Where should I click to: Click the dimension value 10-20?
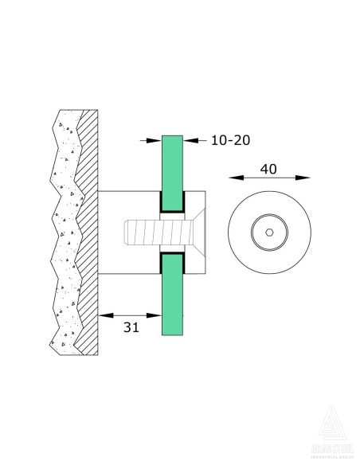click(230, 140)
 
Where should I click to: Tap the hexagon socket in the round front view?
click(270, 233)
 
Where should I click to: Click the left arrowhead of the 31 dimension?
click(102, 315)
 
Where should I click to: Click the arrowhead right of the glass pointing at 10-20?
click(190, 140)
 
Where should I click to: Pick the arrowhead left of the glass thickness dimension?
click(156, 140)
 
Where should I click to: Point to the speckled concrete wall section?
click(63, 239)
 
